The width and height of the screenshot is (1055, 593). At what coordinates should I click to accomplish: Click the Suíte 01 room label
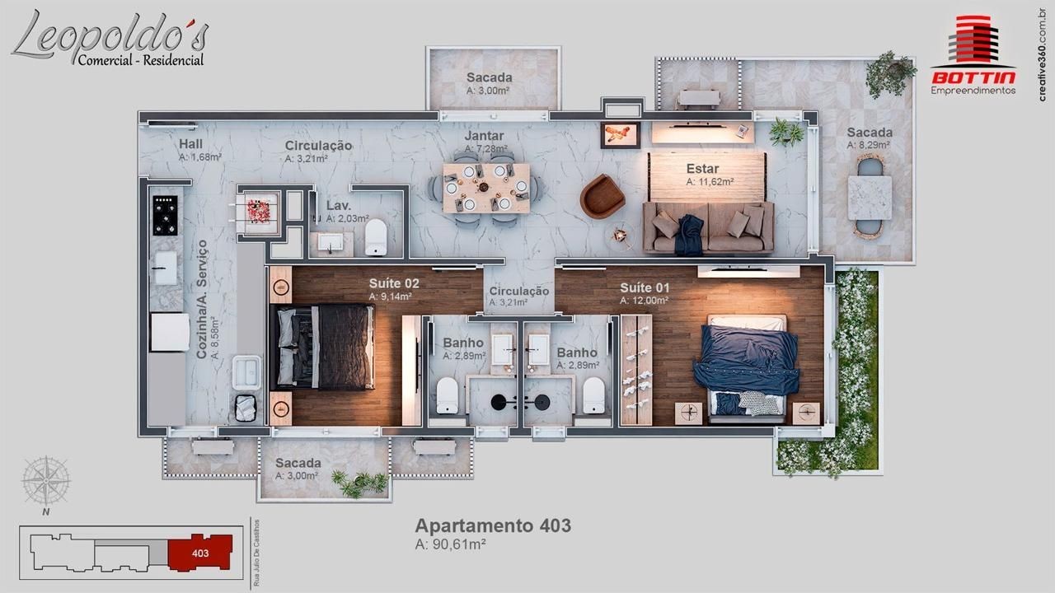[645, 287]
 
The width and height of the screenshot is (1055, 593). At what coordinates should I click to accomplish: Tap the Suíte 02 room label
[394, 283]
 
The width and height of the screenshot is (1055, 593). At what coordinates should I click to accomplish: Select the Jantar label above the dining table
[484, 136]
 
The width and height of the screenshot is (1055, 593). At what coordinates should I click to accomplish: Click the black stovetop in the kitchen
[166, 216]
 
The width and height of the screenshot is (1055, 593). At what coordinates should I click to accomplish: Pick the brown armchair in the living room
[602, 197]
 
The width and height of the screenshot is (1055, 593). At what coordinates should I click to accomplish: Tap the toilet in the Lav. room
[376, 237]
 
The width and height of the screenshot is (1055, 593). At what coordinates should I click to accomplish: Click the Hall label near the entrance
[190, 144]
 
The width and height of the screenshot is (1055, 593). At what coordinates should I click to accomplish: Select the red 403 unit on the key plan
[200, 553]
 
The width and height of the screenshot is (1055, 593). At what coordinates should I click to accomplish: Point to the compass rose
[45, 481]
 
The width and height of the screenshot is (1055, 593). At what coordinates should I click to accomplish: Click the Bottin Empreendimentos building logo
[973, 55]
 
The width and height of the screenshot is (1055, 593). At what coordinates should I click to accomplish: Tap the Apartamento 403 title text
[493, 525]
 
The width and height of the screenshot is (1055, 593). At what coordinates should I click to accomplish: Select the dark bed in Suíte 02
[324, 348]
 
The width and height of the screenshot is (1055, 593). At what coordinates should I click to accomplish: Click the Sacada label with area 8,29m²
[870, 133]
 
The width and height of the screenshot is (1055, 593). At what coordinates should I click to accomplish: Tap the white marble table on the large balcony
[870, 198]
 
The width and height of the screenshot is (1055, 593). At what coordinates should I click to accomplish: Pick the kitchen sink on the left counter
[166, 268]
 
